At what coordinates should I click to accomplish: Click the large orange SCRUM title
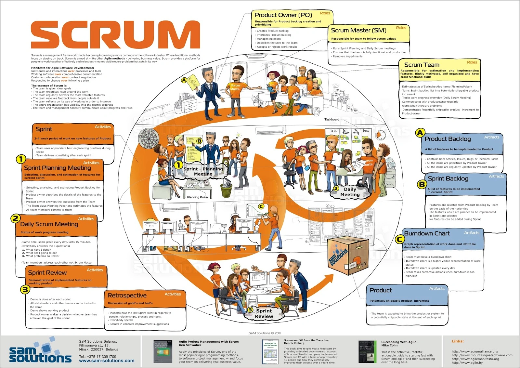point(115,35)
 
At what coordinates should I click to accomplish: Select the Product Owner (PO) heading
point(283,15)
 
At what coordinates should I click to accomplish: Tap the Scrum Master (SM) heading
point(358,30)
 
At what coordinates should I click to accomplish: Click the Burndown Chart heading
point(427,233)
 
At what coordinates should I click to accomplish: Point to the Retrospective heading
point(127,296)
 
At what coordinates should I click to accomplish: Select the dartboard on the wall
point(148,138)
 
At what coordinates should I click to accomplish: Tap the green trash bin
point(227,190)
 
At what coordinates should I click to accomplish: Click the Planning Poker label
point(198,197)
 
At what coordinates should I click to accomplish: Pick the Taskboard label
point(331,119)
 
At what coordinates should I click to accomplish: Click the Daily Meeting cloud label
point(350,192)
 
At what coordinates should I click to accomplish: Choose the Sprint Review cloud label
point(264,313)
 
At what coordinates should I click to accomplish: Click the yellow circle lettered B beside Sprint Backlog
point(422,184)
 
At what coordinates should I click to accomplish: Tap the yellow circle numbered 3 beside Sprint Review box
point(25,289)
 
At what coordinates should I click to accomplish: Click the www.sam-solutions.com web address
point(107,361)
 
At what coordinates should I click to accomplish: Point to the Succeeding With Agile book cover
point(367,352)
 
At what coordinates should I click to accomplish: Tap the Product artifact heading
point(381,290)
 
